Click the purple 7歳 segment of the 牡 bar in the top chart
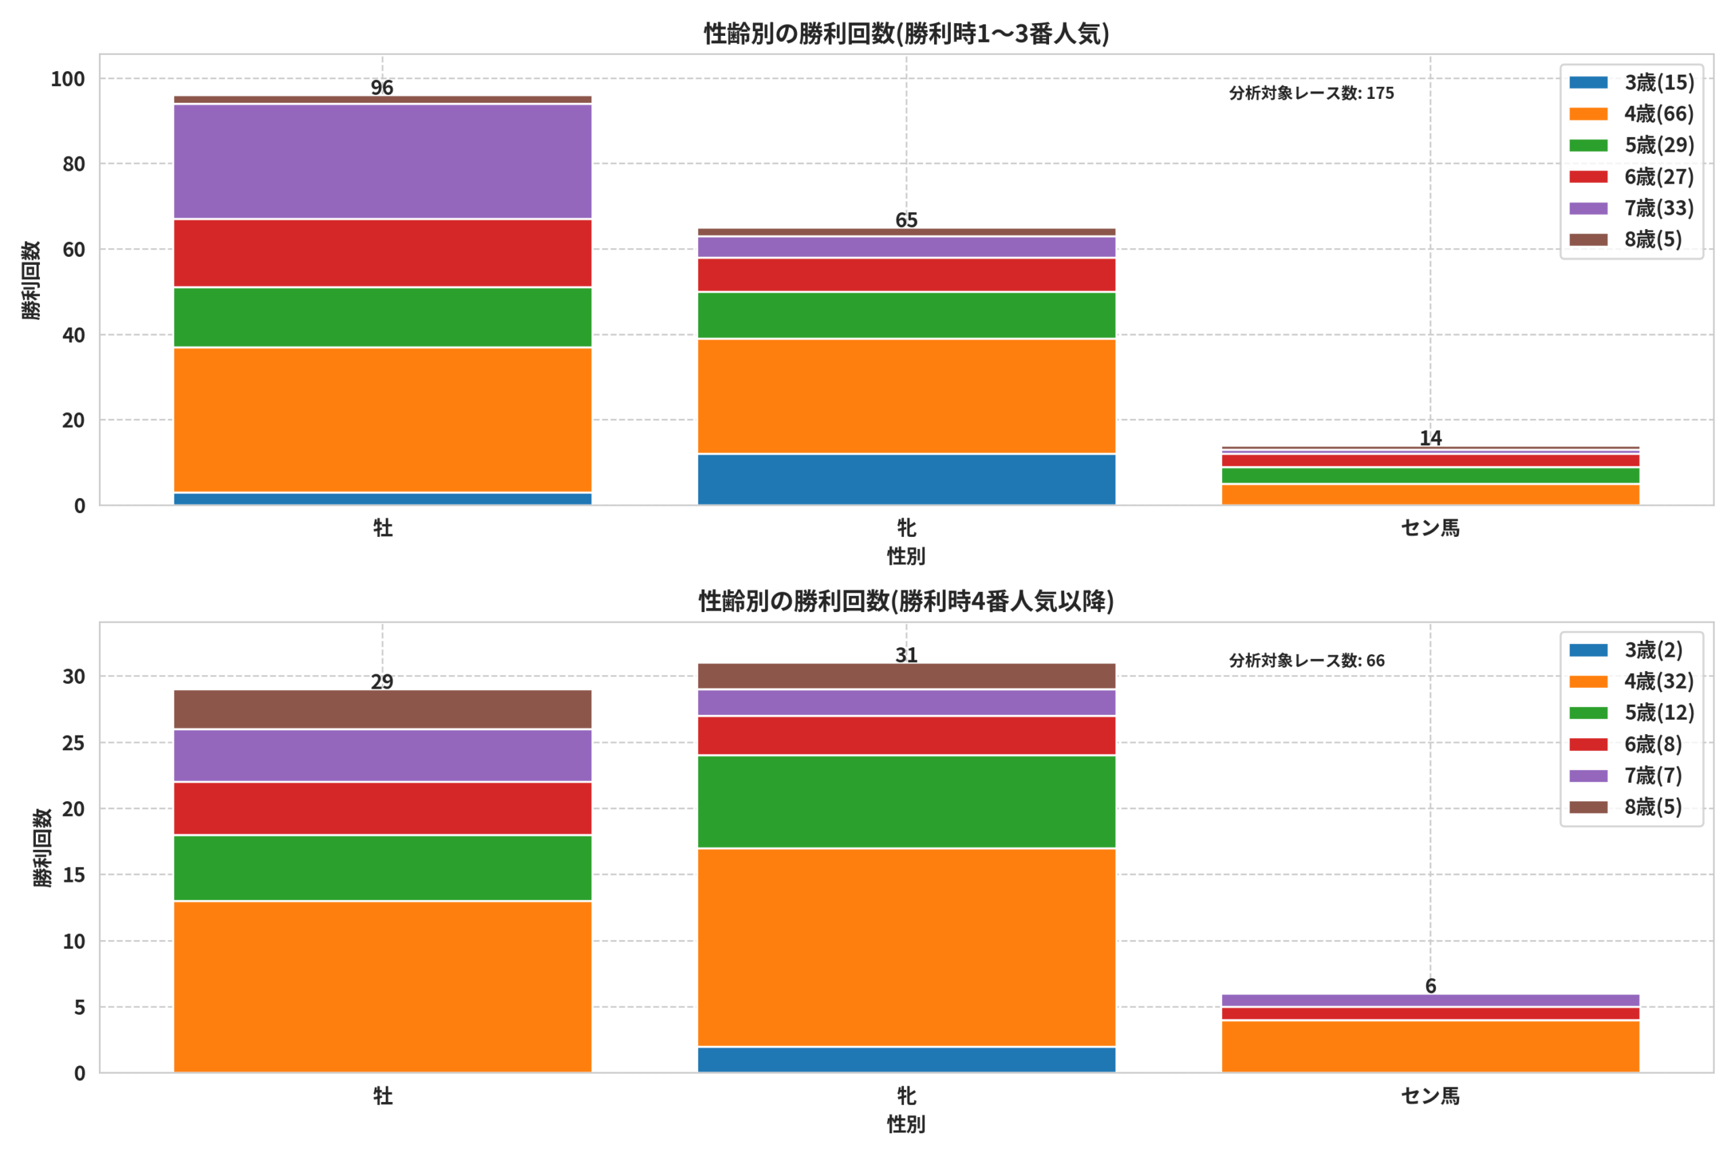(x=382, y=161)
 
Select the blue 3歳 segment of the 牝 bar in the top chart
(x=907, y=480)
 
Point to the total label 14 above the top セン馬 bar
(x=1430, y=439)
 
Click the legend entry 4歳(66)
(x=1631, y=114)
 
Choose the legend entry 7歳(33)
(x=1631, y=208)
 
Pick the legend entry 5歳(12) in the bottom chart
(x=1631, y=713)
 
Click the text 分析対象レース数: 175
(x=1311, y=93)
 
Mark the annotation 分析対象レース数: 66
(x=1307, y=660)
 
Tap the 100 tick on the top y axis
(x=68, y=79)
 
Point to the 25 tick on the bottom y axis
(x=74, y=742)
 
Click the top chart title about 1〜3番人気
(x=907, y=33)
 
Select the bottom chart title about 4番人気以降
(x=907, y=601)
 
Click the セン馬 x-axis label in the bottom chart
(x=1430, y=1097)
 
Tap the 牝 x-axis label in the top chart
(x=907, y=528)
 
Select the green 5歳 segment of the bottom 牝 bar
(x=907, y=802)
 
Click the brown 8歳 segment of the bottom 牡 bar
(x=382, y=710)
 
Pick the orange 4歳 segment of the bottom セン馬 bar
(x=1430, y=1047)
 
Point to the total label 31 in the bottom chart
(x=907, y=655)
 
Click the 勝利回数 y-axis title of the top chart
(x=31, y=281)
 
